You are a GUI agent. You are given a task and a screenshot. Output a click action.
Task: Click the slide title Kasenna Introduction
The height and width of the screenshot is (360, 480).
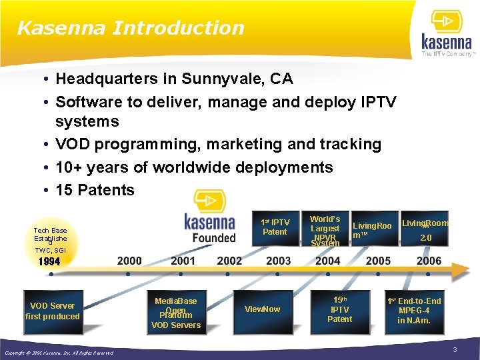point(131,28)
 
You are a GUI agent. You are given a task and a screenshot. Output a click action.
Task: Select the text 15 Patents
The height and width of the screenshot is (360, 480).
point(95,190)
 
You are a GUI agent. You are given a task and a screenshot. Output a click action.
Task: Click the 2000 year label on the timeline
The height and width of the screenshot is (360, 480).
point(129,261)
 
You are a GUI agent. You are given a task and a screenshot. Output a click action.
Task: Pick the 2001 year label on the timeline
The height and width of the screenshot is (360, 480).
point(183,261)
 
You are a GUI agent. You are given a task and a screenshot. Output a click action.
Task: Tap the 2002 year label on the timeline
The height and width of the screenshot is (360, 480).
point(229,261)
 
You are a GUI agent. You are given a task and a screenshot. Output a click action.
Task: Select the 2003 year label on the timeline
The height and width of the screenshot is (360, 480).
point(278,261)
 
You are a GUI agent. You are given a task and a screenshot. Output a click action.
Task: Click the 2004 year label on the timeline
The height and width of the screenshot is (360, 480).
point(327,261)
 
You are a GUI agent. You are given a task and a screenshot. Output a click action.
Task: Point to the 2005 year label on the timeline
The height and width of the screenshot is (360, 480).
point(378,261)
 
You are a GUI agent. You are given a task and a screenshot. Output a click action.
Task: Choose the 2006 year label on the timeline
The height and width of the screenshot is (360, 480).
point(429,261)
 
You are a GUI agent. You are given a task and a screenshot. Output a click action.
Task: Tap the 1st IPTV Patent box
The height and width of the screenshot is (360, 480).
point(275,227)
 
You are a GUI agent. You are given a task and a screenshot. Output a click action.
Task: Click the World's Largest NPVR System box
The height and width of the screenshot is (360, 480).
point(325,231)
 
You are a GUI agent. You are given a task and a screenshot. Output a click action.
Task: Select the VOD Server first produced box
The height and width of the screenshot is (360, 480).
point(52,311)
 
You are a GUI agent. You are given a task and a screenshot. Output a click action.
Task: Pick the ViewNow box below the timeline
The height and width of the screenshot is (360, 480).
point(262,309)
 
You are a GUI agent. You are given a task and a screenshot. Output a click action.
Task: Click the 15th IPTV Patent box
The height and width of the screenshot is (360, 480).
point(339,309)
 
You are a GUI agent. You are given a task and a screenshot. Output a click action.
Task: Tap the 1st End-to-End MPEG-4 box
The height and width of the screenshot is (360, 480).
point(414,311)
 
